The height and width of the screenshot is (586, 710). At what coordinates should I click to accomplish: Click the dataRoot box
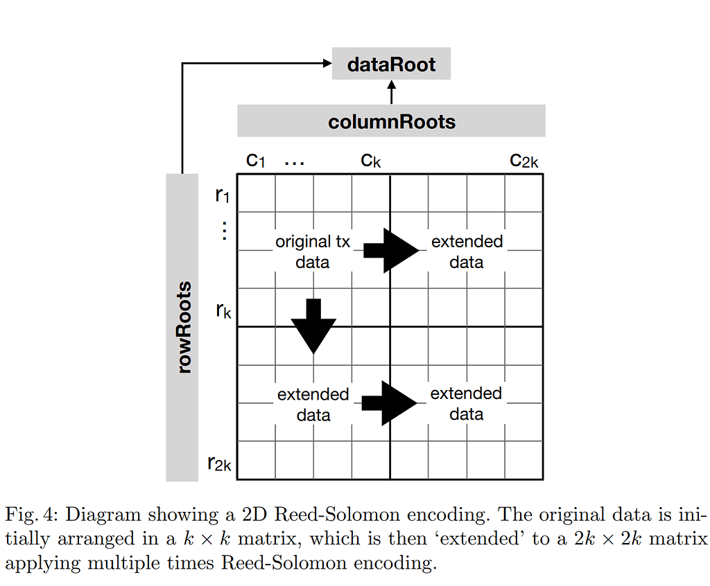(391, 64)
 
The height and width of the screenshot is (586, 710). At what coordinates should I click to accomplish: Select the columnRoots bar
(391, 121)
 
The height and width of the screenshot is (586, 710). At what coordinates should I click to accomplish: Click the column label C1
(256, 161)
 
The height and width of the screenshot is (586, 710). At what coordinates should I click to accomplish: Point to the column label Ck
(370, 161)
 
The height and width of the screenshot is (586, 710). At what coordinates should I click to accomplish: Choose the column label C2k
(523, 161)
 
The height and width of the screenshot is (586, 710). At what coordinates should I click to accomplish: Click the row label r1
(222, 195)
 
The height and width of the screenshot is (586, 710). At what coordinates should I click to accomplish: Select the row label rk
(223, 310)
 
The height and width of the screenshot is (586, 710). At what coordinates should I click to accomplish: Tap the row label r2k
(220, 463)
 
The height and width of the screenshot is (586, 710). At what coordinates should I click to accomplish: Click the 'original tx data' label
(313, 251)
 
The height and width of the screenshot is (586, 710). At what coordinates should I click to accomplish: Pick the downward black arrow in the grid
(314, 326)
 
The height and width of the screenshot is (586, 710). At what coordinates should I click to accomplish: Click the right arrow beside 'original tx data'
(392, 250)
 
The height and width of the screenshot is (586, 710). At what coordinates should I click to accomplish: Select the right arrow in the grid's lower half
(390, 402)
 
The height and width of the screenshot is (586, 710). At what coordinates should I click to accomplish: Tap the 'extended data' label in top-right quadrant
(467, 251)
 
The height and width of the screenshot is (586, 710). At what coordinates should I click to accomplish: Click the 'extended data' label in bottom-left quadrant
(313, 404)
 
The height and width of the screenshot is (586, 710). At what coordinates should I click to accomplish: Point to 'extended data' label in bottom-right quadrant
(466, 403)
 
